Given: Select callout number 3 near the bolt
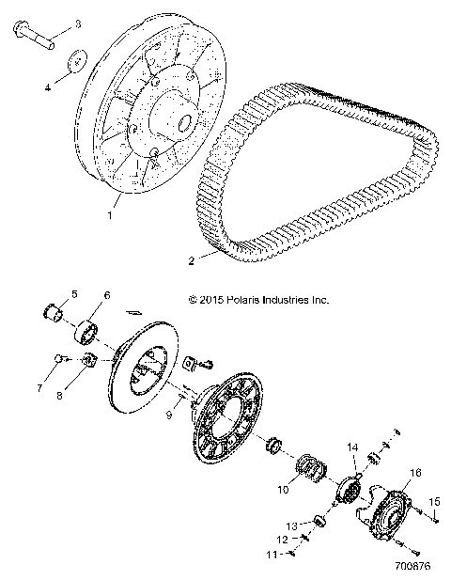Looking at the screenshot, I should pos(77,23).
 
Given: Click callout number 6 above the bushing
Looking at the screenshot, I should pos(106,294).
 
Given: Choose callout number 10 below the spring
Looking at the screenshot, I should pos(281,489).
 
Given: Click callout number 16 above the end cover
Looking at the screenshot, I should pos(415,473).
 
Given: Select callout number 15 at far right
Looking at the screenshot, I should pos(434,503).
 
